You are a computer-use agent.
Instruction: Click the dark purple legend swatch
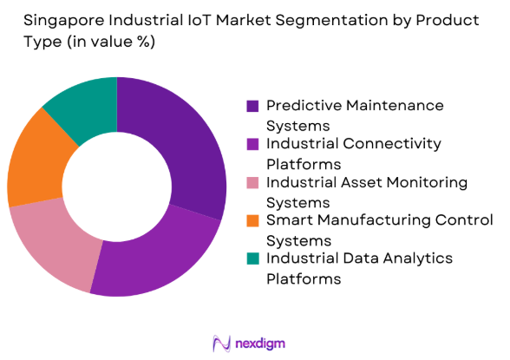coord(252,106)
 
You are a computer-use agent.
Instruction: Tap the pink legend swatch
coord(252,182)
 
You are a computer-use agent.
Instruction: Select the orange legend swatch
coord(252,220)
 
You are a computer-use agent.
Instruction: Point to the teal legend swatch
coord(252,259)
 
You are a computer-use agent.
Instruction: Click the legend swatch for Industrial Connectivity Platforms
coord(252,144)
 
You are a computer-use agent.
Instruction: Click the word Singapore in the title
coord(47,20)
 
